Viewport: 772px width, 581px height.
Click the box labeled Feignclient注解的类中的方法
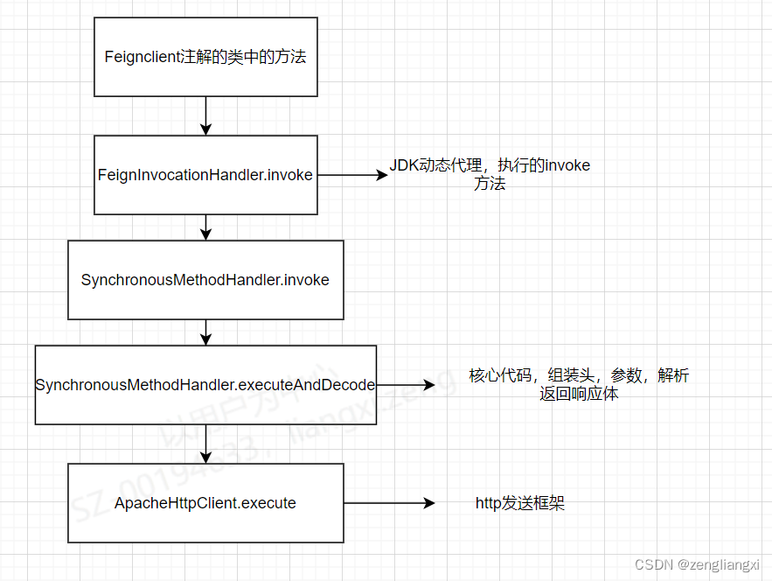[205, 57]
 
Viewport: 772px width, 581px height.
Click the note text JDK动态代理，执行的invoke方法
[490, 174]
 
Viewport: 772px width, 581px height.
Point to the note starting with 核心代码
[579, 384]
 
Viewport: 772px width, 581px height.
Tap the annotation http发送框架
[520, 503]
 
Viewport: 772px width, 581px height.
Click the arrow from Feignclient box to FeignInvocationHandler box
[205, 115]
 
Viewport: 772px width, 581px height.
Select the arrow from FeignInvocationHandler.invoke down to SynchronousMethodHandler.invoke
[205, 227]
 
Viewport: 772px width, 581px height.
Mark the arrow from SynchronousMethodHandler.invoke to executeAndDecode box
[205, 332]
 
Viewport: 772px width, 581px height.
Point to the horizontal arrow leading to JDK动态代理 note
[351, 175]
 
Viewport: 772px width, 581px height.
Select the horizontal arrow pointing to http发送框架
[389, 503]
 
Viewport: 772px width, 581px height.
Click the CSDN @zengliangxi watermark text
[698, 565]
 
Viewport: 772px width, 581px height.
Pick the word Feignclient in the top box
[141, 57]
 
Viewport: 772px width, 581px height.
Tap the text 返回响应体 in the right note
[579, 394]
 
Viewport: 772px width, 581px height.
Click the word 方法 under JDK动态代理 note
[490, 184]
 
